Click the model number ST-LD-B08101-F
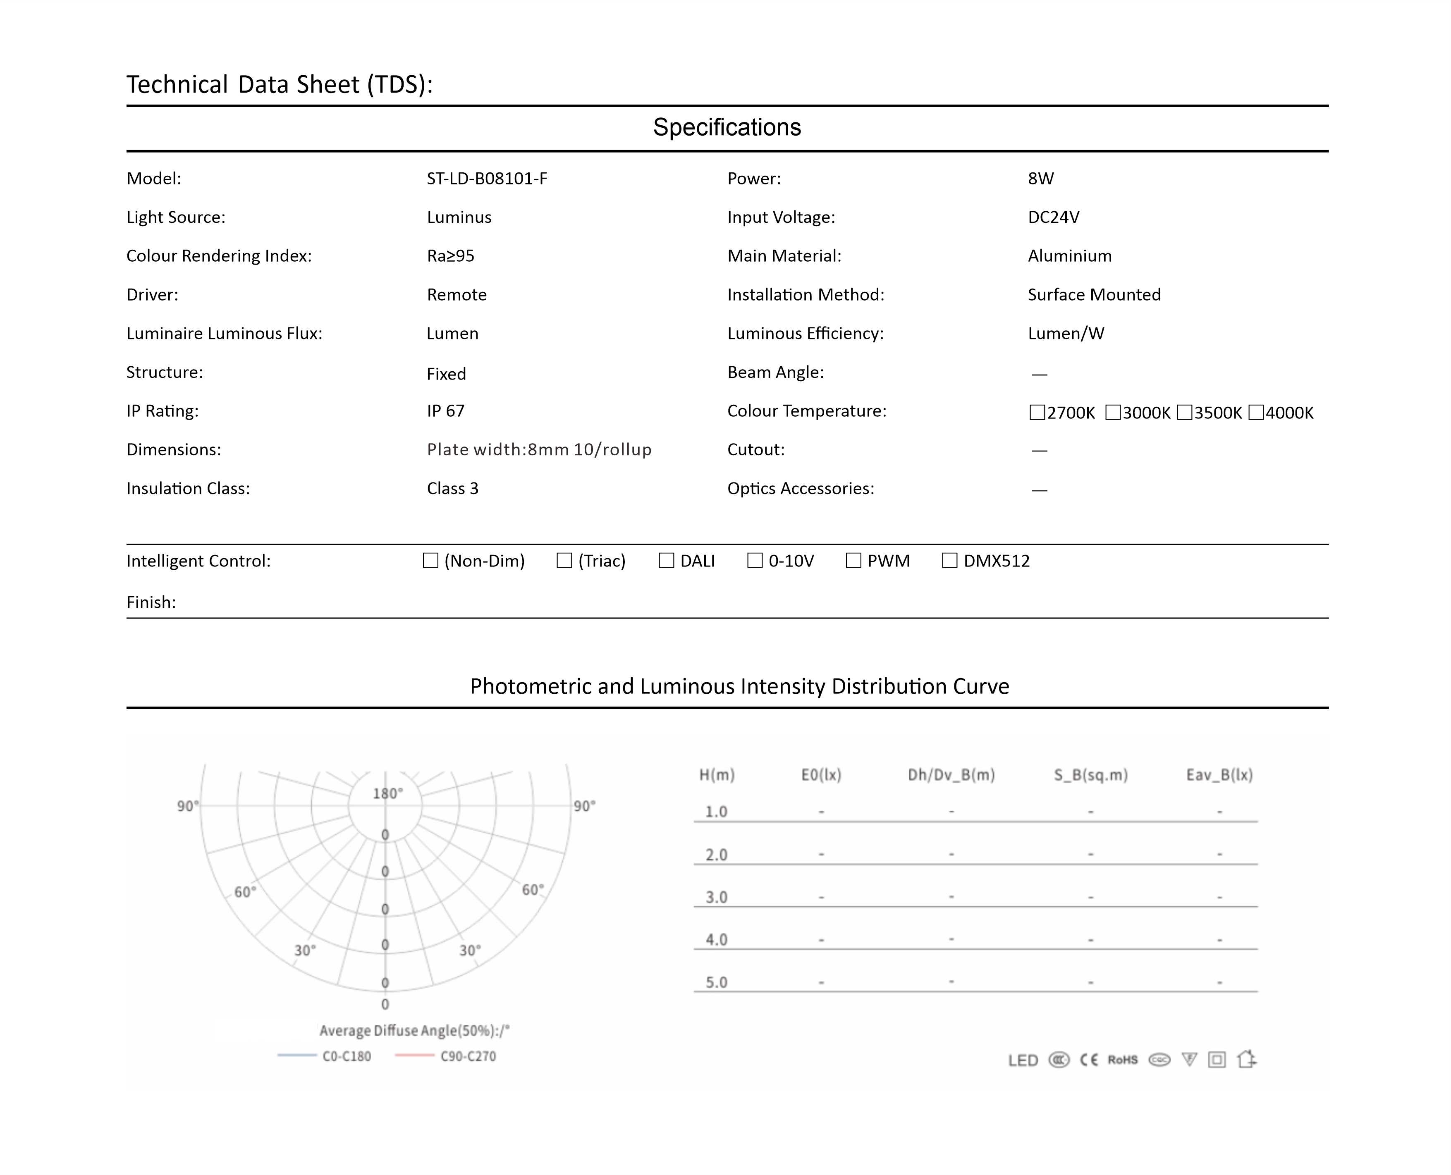pos(487,179)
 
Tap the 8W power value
pos(1040,179)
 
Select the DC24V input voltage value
pos(1053,217)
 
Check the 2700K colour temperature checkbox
pos(1036,412)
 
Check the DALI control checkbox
pos(666,561)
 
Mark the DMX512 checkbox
pos(949,561)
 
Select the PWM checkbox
pos(853,561)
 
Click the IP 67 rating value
pos(445,411)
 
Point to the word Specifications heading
pos(727,127)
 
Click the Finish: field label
pos(151,602)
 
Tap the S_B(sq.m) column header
pos(1090,775)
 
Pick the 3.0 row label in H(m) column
pos(716,898)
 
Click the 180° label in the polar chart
pos(387,793)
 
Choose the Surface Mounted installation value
pos(1094,295)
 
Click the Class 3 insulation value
pos(452,489)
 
